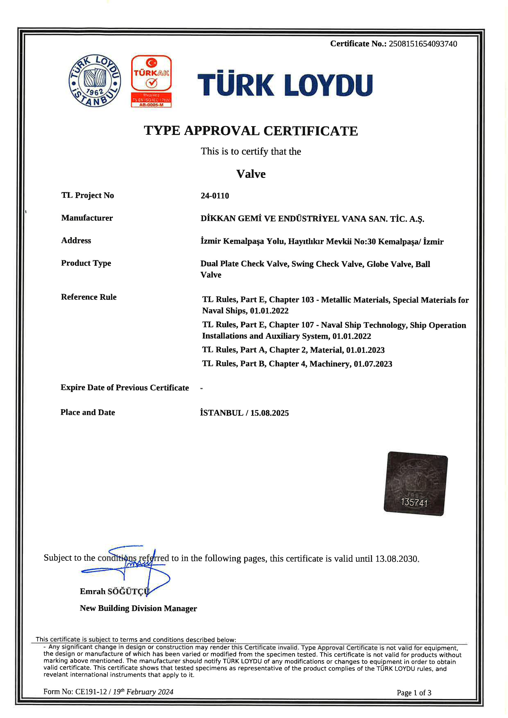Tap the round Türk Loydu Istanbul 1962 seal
[94, 81]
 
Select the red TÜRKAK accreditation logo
[151, 81]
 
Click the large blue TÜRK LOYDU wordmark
[285, 85]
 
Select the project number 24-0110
[215, 196]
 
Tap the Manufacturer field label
[87, 218]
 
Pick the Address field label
[76, 240]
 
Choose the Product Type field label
[86, 263]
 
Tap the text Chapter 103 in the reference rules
[291, 300]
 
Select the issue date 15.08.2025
[269, 413]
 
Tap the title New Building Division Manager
[138, 608]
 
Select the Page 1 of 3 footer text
[414, 693]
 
